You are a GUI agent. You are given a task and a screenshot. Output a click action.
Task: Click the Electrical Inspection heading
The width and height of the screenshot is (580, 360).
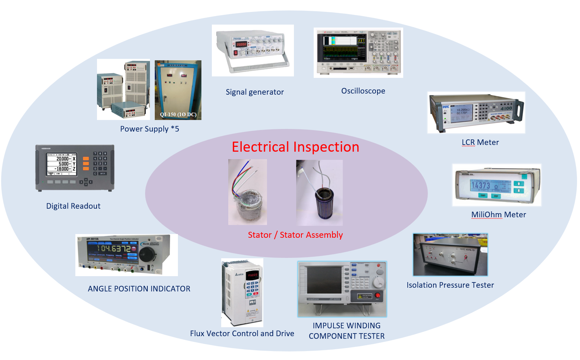click(x=295, y=147)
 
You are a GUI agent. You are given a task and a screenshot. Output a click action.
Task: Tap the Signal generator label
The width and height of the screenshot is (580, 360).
click(x=255, y=92)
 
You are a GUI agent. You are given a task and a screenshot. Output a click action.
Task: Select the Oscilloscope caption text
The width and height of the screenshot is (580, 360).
click(x=363, y=91)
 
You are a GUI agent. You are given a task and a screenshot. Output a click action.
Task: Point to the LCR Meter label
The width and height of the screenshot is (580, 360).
click(x=480, y=142)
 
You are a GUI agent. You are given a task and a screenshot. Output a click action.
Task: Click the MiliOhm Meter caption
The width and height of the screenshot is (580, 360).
click(x=498, y=215)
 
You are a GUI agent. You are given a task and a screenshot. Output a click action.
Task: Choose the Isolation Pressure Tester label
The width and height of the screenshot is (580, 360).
click(x=450, y=285)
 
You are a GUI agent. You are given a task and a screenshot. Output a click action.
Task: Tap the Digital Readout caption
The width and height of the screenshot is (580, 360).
click(x=73, y=206)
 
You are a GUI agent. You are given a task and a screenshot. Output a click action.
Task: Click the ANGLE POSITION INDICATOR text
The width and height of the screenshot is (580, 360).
click(x=139, y=289)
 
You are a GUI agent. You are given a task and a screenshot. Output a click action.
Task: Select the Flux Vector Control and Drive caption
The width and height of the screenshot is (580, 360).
click(x=242, y=334)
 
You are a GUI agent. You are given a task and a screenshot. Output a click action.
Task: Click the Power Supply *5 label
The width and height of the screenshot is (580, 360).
click(x=150, y=129)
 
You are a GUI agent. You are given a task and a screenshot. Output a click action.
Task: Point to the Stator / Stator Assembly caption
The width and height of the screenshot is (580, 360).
click(x=295, y=235)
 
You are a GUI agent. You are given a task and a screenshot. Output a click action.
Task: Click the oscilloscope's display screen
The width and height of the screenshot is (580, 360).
click(x=341, y=48)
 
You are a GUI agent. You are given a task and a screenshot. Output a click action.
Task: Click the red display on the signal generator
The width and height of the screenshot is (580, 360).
click(x=241, y=44)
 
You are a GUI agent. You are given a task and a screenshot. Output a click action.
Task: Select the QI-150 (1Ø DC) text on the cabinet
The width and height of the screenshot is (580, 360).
click(x=178, y=114)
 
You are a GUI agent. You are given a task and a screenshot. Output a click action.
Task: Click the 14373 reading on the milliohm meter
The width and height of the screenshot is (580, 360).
click(x=480, y=185)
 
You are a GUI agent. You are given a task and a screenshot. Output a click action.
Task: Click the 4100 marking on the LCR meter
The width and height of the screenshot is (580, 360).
click(x=506, y=108)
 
